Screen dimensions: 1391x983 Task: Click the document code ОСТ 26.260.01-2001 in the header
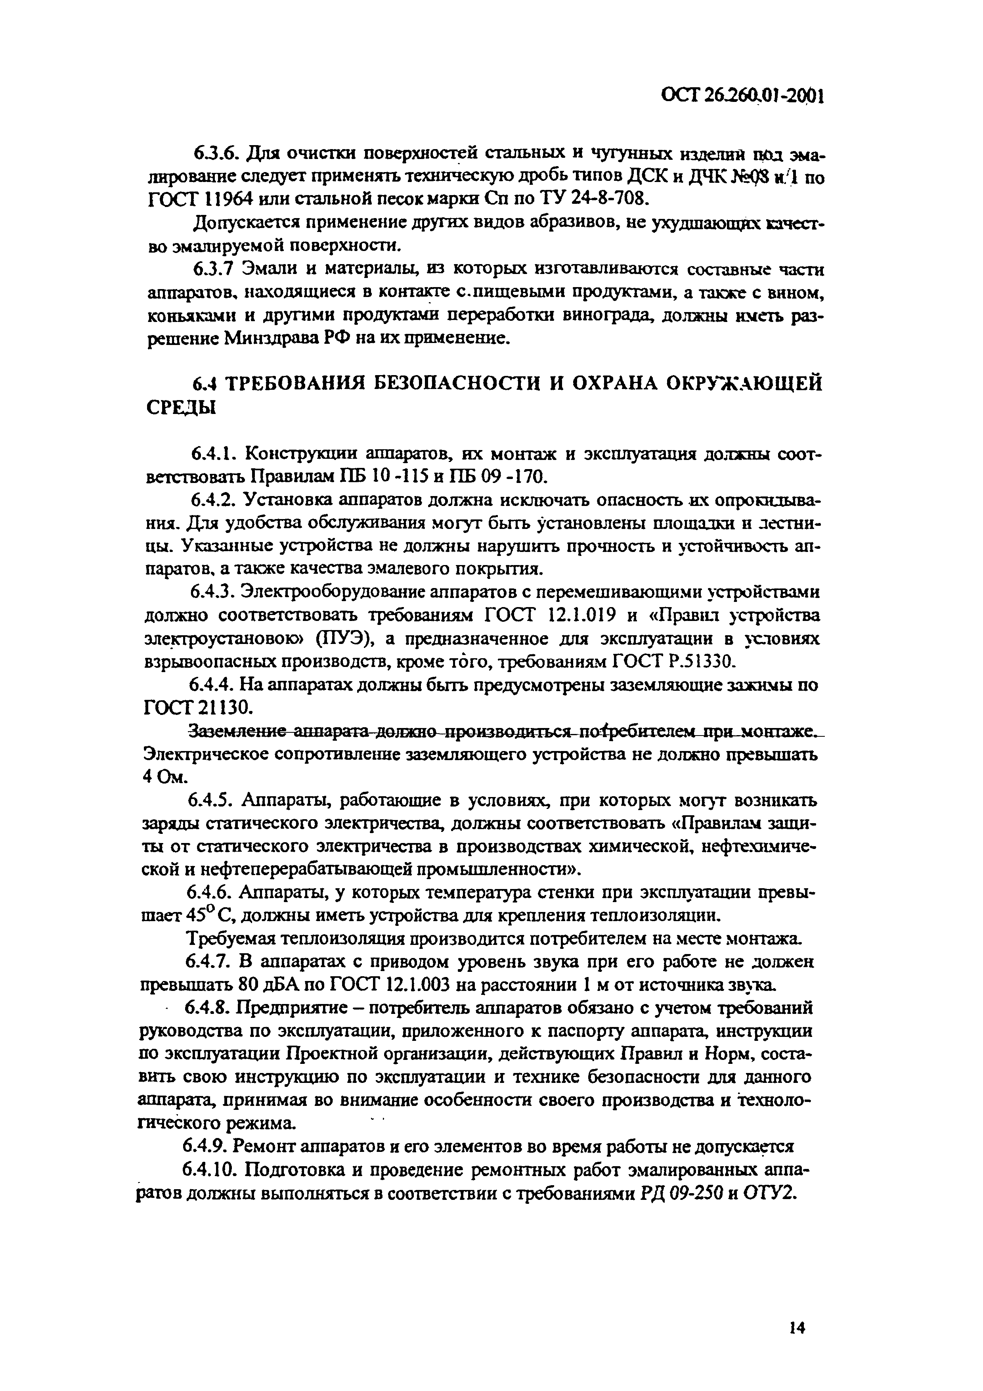tap(742, 96)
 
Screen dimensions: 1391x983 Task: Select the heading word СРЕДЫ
tap(181, 408)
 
